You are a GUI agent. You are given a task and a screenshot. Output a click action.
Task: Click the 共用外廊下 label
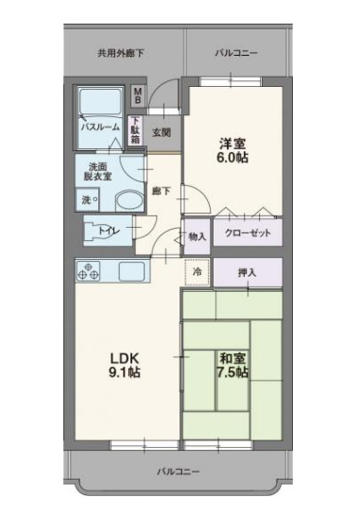[x=121, y=53]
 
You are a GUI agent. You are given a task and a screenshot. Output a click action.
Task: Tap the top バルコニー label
[x=235, y=53]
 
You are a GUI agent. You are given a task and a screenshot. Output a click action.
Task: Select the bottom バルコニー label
[x=179, y=469]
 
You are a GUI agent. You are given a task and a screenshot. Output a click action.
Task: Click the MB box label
[x=137, y=96]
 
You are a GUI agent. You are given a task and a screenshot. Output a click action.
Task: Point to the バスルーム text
[x=99, y=126]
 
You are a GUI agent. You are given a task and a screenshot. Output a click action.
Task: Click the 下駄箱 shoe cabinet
[x=135, y=129]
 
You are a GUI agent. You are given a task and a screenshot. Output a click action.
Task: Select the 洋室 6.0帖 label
[x=232, y=151]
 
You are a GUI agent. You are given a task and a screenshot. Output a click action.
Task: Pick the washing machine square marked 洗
[x=86, y=199]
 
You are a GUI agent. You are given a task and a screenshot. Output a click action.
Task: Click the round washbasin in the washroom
[x=126, y=200]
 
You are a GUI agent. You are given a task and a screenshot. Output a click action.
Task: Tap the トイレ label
[x=106, y=230]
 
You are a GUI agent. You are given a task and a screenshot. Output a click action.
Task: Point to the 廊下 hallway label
[x=162, y=191]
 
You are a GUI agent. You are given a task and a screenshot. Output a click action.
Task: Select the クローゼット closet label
[x=248, y=233]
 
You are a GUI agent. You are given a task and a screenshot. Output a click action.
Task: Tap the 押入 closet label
[x=248, y=272]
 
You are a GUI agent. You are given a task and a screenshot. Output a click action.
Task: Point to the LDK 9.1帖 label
[x=124, y=365]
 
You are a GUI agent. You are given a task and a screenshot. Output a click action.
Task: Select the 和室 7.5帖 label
[x=232, y=365]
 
